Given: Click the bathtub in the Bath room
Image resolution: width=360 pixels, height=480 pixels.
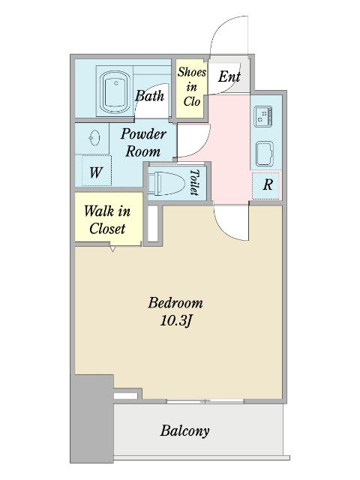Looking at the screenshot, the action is click(115, 92).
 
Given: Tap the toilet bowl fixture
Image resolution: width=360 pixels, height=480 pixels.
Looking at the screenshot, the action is click(166, 183).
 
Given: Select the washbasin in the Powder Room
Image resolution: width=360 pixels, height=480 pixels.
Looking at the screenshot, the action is click(94, 138).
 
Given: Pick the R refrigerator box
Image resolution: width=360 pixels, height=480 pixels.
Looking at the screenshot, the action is click(265, 185).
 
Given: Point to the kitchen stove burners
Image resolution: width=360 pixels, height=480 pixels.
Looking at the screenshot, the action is click(263, 115).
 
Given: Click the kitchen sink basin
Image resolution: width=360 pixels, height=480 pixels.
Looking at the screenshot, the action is click(265, 154).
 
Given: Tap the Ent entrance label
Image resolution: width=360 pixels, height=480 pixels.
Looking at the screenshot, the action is click(229, 76).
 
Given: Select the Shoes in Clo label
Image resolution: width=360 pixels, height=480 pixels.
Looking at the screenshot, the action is click(192, 87).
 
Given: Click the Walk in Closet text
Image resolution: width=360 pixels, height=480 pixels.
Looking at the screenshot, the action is click(107, 220).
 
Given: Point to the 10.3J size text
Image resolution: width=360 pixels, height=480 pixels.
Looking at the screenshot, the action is click(176, 321).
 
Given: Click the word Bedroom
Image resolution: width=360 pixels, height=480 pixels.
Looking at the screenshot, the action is click(175, 303).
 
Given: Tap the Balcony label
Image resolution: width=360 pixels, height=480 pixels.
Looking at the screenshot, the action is click(185, 430).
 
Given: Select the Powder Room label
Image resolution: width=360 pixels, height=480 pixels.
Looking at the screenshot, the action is click(143, 142).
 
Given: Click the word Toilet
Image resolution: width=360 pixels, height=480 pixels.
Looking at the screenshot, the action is click(194, 182).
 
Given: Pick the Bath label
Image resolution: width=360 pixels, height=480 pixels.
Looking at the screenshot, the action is click(150, 96).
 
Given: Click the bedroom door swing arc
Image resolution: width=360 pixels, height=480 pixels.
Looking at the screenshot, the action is click(226, 230).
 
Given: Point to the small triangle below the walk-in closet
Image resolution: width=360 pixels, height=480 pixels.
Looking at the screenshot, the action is click(112, 249).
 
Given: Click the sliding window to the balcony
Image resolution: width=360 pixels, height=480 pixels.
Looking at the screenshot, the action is click(205, 401).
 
